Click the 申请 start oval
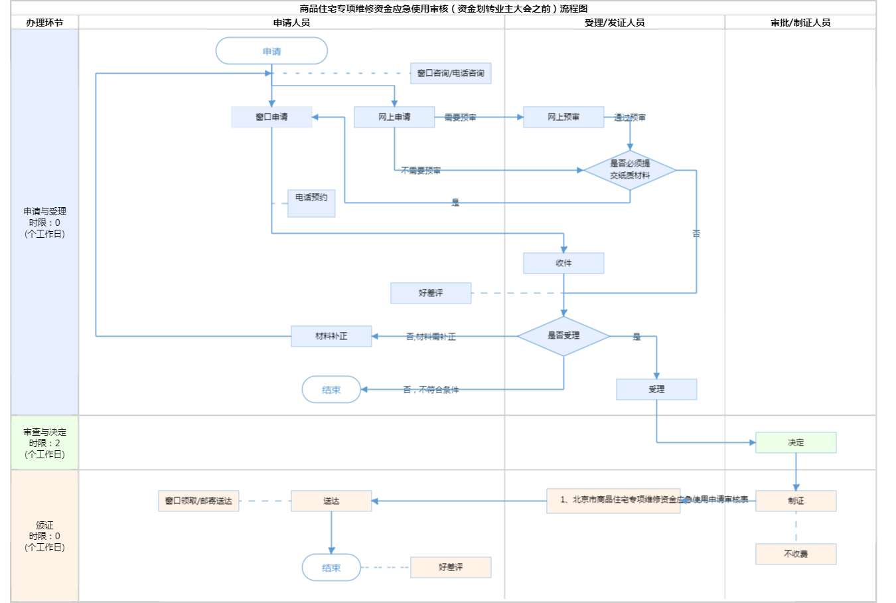click(x=271, y=51)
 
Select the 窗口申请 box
click(x=271, y=117)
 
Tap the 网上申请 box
click(x=394, y=117)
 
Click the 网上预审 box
click(x=563, y=117)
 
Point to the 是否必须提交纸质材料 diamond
click(x=630, y=170)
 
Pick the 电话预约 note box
click(x=311, y=203)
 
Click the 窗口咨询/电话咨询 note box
click(x=451, y=73)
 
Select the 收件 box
click(x=563, y=263)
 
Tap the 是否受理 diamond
click(x=563, y=336)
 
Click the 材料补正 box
click(x=331, y=336)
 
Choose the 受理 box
click(x=656, y=389)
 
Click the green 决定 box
click(x=796, y=442)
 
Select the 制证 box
click(x=796, y=501)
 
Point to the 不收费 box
click(x=796, y=554)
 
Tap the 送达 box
click(x=331, y=501)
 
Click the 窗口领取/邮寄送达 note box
click(x=198, y=501)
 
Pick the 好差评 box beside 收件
click(x=431, y=293)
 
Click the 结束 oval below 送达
click(x=331, y=568)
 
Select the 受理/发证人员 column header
click(x=615, y=23)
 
